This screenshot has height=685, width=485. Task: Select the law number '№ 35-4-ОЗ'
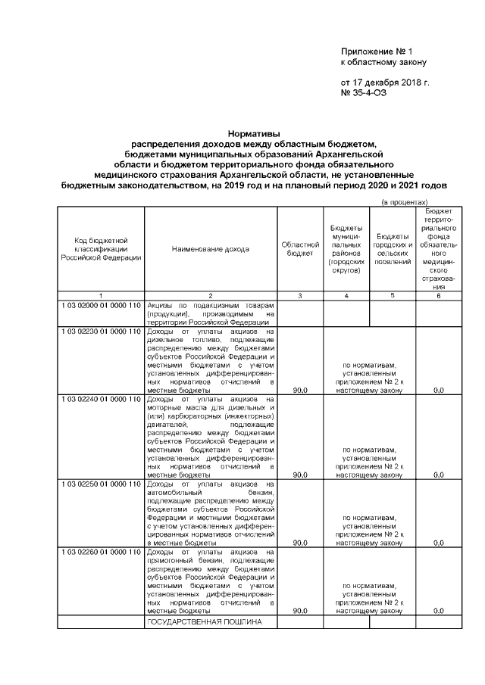coord(366,92)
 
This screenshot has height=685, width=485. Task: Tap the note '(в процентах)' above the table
coord(405,202)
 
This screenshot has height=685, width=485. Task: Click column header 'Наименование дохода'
coord(210,249)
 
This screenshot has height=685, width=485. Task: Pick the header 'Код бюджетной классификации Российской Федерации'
coord(101,249)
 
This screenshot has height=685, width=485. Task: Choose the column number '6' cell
coord(437,295)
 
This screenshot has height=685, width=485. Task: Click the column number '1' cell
coord(101,295)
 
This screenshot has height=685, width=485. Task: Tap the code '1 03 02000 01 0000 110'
coord(102,304)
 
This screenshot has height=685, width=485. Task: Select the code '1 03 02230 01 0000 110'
coord(102,332)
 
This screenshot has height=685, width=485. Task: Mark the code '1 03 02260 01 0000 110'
coord(102,552)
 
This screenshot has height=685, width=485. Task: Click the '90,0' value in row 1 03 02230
coord(300,390)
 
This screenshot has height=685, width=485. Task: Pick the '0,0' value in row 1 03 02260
coord(437,610)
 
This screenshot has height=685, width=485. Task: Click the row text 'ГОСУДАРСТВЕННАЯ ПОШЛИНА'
coord(204,621)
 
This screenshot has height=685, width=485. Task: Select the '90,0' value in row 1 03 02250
coord(300,543)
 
